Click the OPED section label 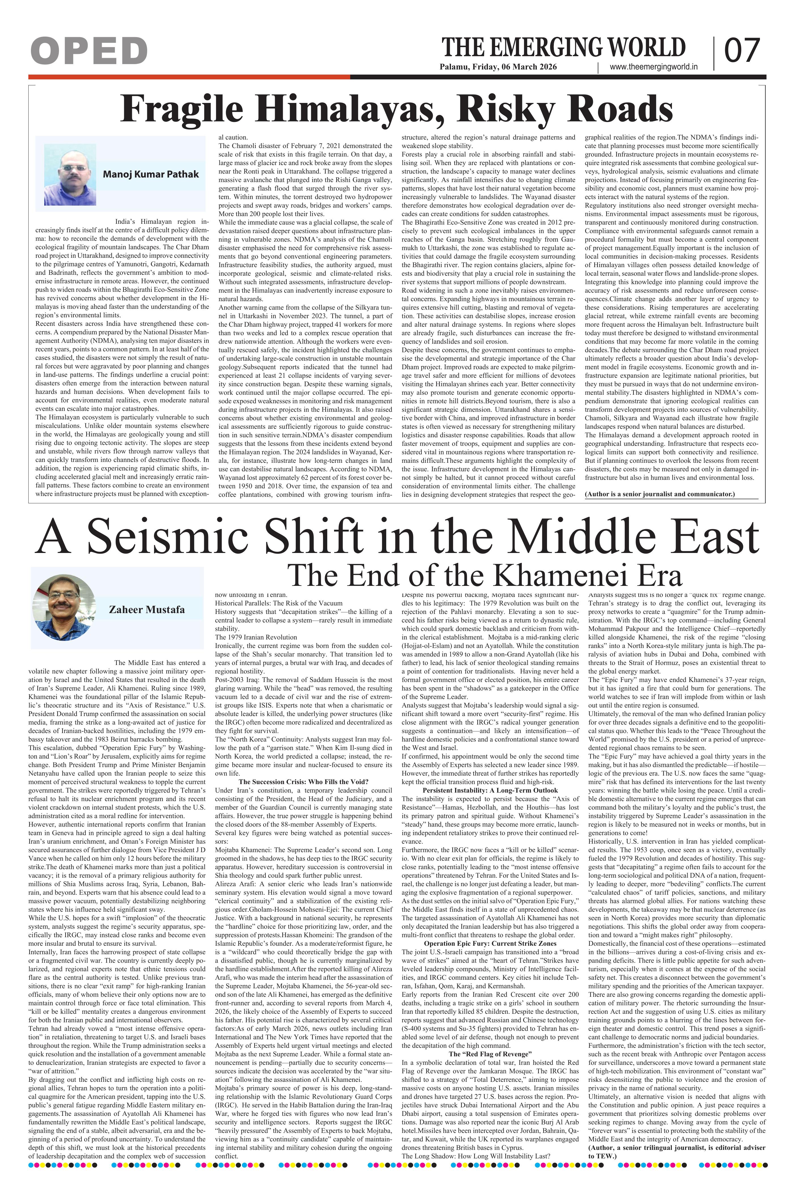click(89, 51)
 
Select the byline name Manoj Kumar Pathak click(151, 174)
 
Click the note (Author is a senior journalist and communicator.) click(659, 494)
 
